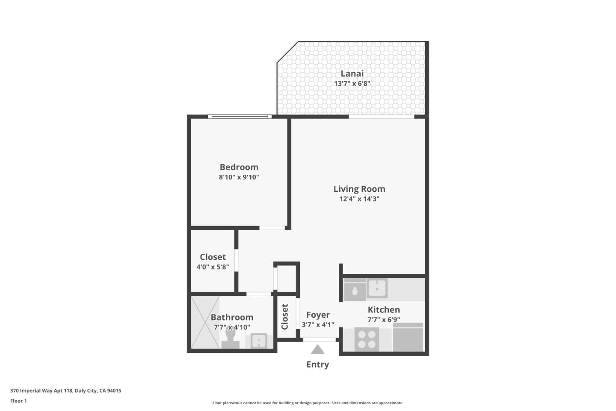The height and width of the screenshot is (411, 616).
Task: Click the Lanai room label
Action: click(x=352, y=74)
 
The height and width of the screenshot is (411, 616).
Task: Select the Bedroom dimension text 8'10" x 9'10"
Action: click(x=239, y=177)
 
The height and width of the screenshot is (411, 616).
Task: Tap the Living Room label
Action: click(x=359, y=189)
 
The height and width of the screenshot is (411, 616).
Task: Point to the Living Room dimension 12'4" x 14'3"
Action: click(x=359, y=199)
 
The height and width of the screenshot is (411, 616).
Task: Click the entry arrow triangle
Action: click(x=317, y=349)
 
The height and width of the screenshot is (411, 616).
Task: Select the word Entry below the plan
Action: click(x=317, y=365)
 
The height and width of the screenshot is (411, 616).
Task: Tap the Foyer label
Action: click(x=318, y=315)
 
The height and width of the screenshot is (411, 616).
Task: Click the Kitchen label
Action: click(x=384, y=310)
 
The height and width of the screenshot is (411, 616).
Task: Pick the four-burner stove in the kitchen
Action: click(x=367, y=339)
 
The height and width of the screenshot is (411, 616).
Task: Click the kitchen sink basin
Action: click(x=377, y=288)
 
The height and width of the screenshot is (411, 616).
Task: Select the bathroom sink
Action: click(x=258, y=341)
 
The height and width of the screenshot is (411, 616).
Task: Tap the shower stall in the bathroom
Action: click(x=204, y=322)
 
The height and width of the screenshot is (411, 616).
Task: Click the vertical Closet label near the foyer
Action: click(x=285, y=317)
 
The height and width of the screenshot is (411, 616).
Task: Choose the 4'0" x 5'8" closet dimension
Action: click(x=213, y=267)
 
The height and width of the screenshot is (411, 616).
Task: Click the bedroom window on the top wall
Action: click(x=239, y=116)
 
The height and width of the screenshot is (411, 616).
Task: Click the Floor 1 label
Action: click(x=18, y=401)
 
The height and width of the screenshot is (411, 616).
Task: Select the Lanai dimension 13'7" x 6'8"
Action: click(x=352, y=84)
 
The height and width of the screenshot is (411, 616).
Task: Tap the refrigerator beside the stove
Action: click(x=408, y=338)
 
